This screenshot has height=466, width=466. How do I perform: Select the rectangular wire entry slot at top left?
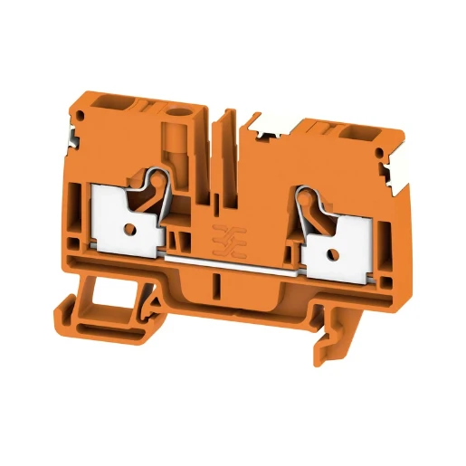pos(117,108)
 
